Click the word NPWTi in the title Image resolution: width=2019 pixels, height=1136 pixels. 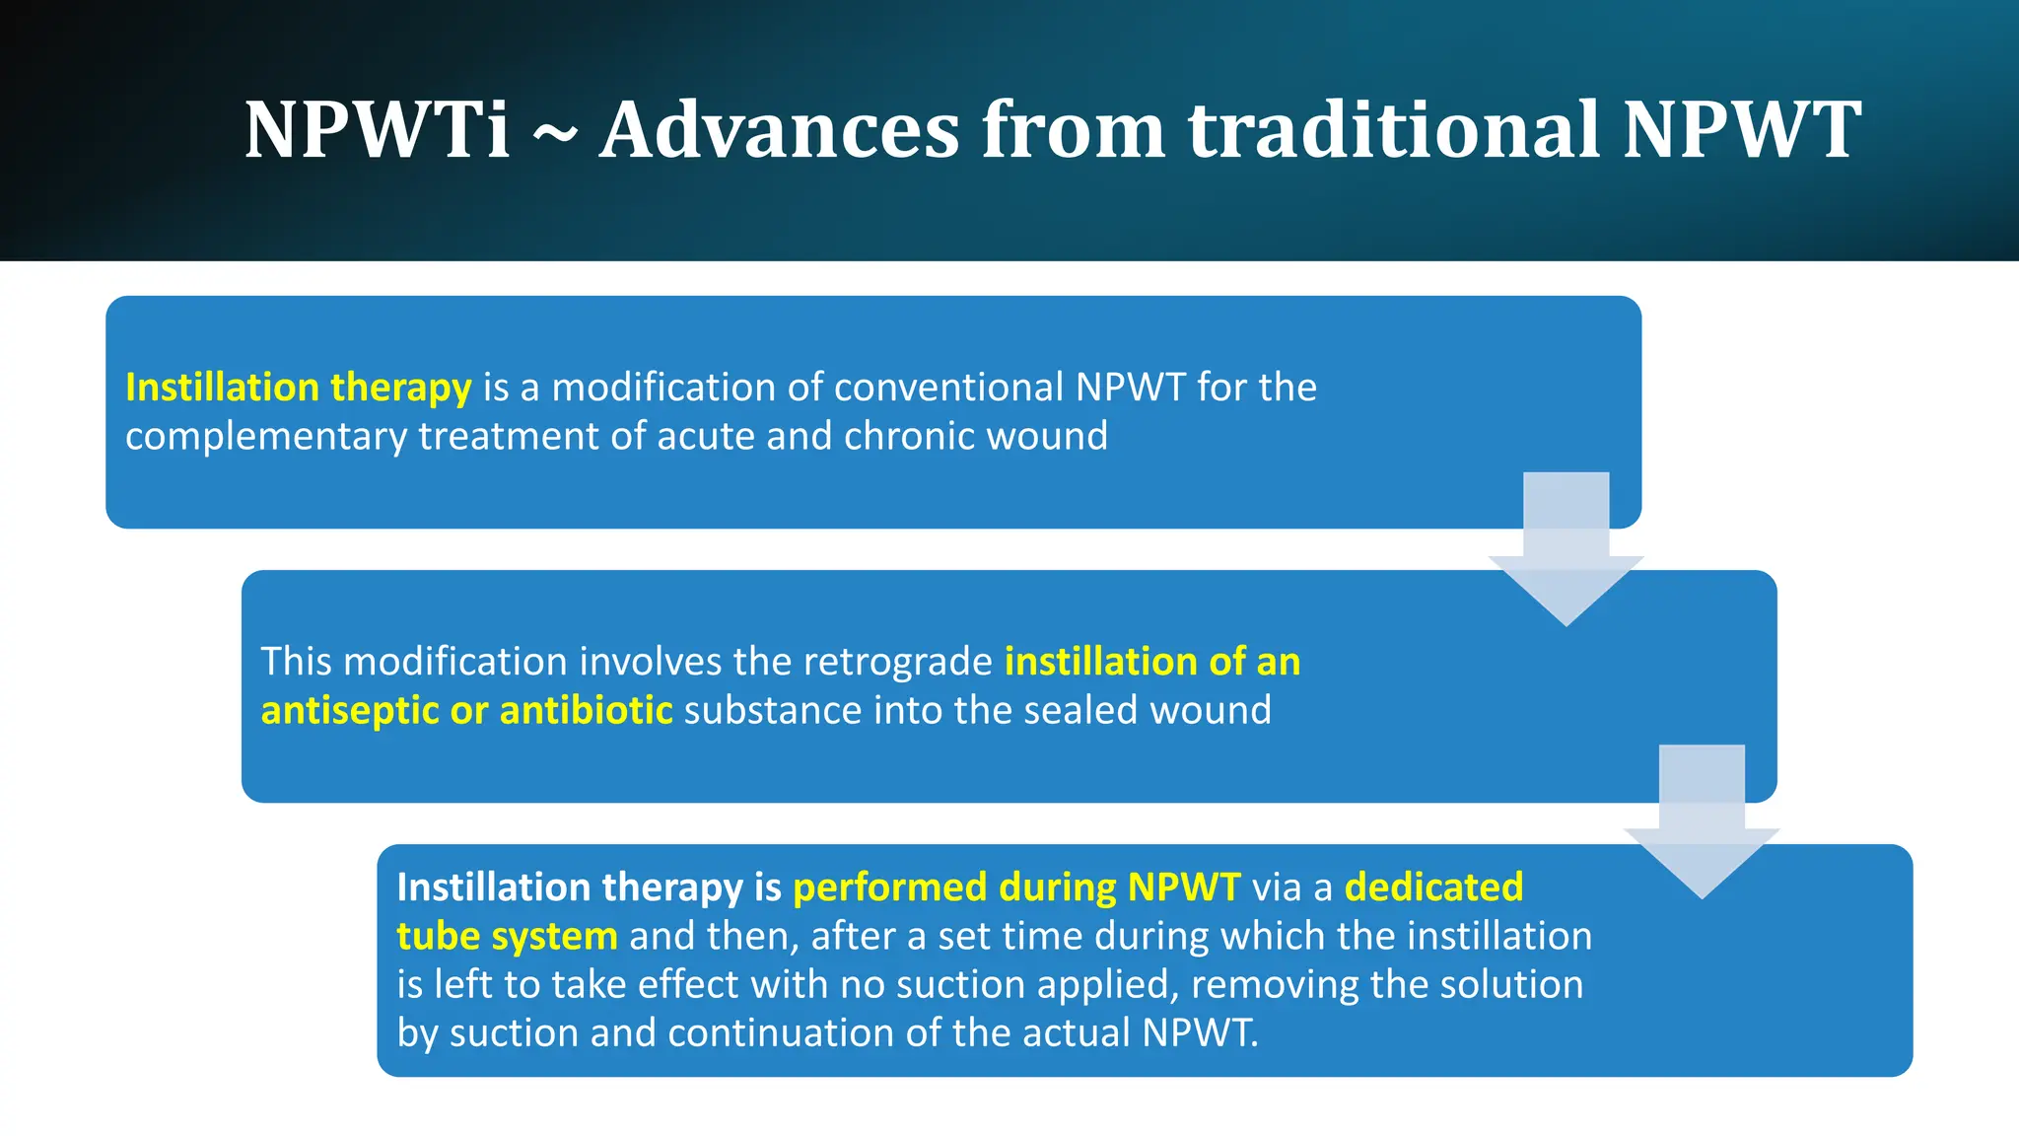click(x=377, y=129)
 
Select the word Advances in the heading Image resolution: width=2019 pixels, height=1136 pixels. click(x=779, y=129)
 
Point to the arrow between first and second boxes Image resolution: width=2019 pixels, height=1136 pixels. click(x=1566, y=552)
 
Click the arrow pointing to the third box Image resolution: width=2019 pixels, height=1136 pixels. click(x=1702, y=824)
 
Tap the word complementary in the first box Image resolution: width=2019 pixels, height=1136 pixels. click(x=265, y=437)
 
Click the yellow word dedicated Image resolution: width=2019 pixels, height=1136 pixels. click(x=1433, y=887)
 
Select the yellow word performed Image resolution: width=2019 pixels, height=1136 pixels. click(x=889, y=887)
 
